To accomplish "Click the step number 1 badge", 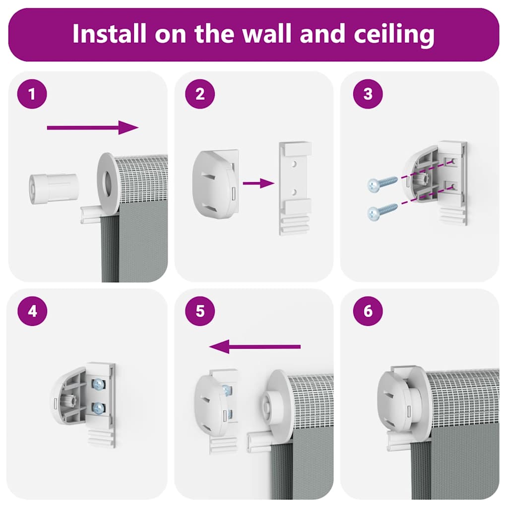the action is pyautogui.click(x=32, y=94).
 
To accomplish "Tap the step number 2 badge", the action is pyautogui.click(x=200, y=94).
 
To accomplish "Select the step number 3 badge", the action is pyautogui.click(x=368, y=94).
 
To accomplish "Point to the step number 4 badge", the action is pyautogui.click(x=32, y=311).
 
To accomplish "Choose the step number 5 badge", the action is pyautogui.click(x=200, y=311).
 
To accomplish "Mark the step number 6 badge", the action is pyautogui.click(x=368, y=311).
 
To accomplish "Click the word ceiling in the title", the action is pyautogui.click(x=394, y=34).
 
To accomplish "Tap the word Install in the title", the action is pyautogui.click(x=109, y=33).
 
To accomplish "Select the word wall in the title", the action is pyautogui.click(x=267, y=33).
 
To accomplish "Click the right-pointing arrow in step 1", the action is pyautogui.click(x=93, y=127).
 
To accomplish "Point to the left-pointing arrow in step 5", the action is pyautogui.click(x=255, y=347).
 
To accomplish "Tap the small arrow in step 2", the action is pyautogui.click(x=258, y=184).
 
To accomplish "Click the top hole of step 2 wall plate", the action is pyautogui.click(x=294, y=164).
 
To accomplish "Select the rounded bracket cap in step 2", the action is pyautogui.click(x=215, y=184).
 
